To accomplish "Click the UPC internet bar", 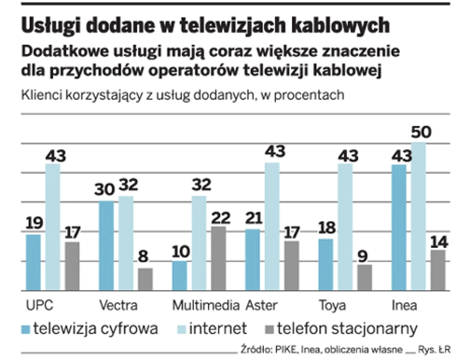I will click(53, 227).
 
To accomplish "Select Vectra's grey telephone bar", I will click(145, 279).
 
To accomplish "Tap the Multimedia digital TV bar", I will click(180, 276).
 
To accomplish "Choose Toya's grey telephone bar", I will click(365, 277).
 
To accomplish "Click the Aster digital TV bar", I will click(253, 260).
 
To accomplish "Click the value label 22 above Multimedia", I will click(220, 217).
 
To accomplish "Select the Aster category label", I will click(262, 306).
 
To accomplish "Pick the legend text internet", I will click(218, 328).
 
